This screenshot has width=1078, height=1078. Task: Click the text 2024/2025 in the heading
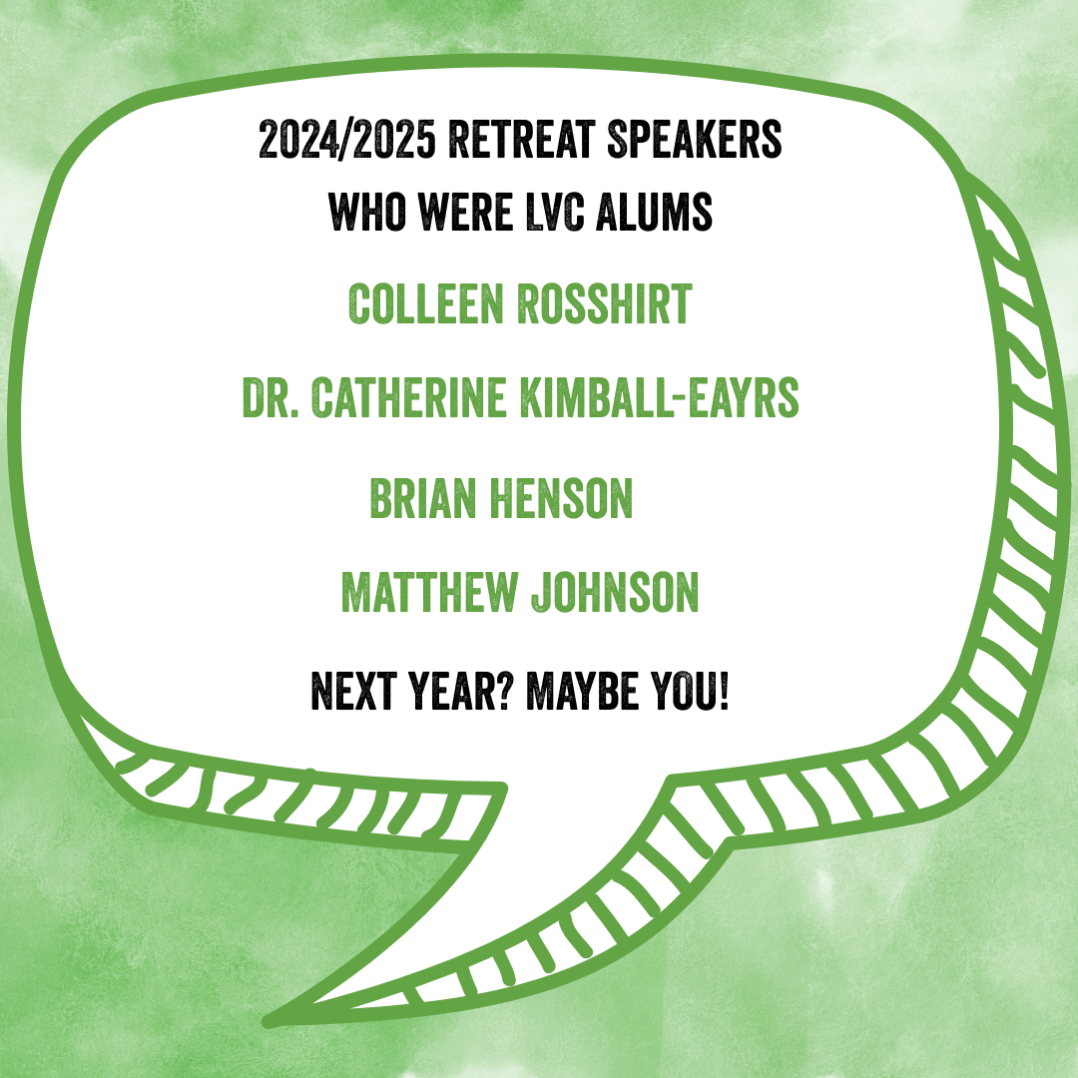coord(347,140)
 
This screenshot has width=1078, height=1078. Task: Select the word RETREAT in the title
coord(522,140)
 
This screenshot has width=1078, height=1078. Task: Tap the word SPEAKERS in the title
coord(695,140)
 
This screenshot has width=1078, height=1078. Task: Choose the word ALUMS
coord(654,212)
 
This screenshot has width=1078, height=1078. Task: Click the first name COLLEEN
coord(426,303)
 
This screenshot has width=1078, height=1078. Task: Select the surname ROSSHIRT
coord(604,303)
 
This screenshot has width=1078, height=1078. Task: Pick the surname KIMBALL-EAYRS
coord(660,397)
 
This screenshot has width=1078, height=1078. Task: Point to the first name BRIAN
coord(423,498)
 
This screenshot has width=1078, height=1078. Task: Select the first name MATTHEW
coord(429,592)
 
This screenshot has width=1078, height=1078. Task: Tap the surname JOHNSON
coord(615,592)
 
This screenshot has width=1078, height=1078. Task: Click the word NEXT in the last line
coord(354,691)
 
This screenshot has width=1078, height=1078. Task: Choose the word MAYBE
coord(582,691)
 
